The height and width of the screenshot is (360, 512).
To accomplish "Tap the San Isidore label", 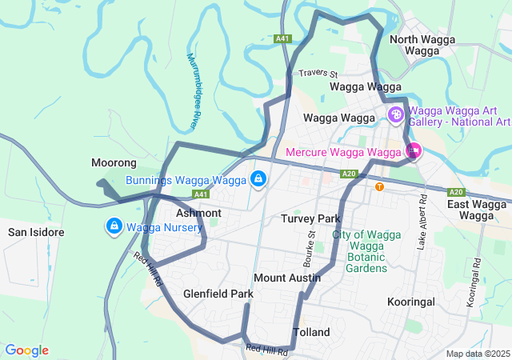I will tap(36, 232).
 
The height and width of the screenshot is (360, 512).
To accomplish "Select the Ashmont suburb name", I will tap(198, 214).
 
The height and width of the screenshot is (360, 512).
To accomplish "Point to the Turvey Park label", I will tap(310, 218).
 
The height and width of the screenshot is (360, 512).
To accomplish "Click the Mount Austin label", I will tap(287, 278).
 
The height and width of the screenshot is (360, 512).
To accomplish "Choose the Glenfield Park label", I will tap(218, 294).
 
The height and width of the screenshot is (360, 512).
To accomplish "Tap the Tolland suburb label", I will tap(311, 331).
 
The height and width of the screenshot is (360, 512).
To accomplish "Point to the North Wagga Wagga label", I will tap(422, 45).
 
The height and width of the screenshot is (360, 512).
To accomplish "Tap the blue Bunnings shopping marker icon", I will tap(258, 178).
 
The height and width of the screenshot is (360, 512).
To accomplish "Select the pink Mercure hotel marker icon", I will tap(414, 150).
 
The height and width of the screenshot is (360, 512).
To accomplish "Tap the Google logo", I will tap(26, 350).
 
